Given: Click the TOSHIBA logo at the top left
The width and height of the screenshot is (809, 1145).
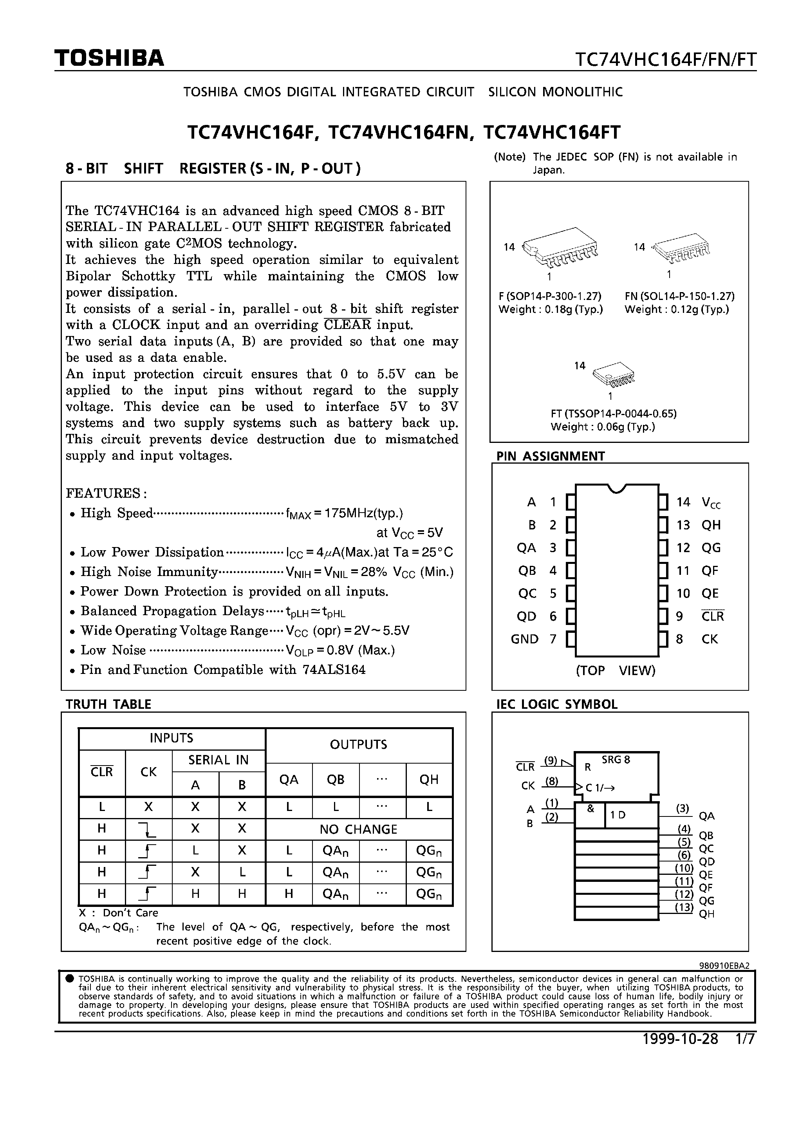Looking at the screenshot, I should pos(109,58).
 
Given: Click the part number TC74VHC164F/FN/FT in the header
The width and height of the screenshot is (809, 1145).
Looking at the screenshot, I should pos(665,60).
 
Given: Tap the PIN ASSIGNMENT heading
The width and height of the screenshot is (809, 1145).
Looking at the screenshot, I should pos(550,456).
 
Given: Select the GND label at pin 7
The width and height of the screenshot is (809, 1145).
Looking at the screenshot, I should pos(525,639).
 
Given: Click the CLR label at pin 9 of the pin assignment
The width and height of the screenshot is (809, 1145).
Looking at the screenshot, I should pos(712,616).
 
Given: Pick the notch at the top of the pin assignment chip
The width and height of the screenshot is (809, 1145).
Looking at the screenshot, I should pos(617,488).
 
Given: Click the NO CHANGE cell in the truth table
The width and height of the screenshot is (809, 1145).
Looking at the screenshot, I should pos(358,829).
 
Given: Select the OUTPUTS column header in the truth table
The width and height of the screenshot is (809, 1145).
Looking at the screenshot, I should pos(358,744).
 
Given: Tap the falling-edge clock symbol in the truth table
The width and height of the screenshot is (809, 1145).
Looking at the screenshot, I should pos(148,829).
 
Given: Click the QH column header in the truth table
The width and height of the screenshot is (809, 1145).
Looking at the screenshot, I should pos(429,780).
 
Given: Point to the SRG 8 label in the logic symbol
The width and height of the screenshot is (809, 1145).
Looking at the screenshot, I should pos(616,760).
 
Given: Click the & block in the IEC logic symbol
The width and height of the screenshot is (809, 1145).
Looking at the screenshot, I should pos(590,809).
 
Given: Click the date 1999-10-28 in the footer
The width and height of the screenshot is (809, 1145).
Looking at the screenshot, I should pos(680,1039).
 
